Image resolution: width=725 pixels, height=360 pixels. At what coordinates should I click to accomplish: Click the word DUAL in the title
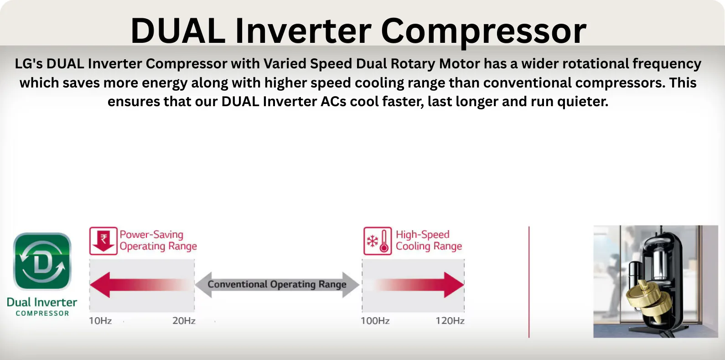point(178,31)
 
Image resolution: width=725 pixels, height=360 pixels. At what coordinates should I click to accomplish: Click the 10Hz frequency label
point(100,320)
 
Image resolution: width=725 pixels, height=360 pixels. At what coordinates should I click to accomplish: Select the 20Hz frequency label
point(184,320)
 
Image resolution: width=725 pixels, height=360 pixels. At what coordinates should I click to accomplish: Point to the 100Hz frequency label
point(375,320)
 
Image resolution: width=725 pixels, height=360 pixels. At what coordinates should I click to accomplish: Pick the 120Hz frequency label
point(450,320)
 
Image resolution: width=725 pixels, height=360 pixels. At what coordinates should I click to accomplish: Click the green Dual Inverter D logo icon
point(42,261)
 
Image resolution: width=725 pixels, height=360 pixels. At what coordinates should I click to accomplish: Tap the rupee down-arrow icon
point(103,241)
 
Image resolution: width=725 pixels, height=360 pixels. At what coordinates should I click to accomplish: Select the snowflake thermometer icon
point(378,241)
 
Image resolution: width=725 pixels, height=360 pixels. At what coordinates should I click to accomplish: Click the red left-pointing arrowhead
point(100,285)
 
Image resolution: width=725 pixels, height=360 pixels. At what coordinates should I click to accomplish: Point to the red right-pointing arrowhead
point(454,285)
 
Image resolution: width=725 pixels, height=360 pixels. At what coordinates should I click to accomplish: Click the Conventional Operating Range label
point(277,284)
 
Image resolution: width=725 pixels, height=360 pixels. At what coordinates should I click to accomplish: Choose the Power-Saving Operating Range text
point(158,240)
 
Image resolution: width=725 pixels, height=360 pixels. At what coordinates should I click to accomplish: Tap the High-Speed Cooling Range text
point(429,240)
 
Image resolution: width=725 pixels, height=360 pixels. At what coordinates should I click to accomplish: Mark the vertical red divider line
point(529,282)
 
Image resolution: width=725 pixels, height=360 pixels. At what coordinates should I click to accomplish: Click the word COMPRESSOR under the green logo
point(42,313)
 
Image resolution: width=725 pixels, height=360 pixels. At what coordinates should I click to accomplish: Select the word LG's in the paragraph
point(29,64)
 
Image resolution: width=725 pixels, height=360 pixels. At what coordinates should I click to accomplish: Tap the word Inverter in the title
point(303,31)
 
